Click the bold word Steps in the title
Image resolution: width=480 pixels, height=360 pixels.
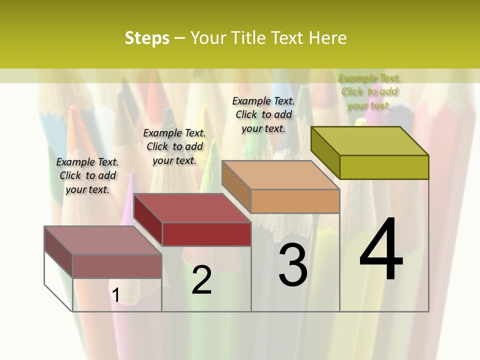pyautogui.click(x=147, y=38)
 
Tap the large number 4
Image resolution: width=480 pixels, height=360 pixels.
pyautogui.click(x=381, y=250)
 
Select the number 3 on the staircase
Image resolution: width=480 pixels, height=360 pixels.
pyautogui.click(x=293, y=265)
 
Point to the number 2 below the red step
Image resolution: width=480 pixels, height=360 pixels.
pyautogui.click(x=201, y=280)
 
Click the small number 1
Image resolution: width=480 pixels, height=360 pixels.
pyautogui.click(x=116, y=295)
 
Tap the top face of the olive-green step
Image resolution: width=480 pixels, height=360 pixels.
pyautogui.click(x=370, y=141)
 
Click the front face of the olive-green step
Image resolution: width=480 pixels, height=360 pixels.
pyautogui.click(x=384, y=167)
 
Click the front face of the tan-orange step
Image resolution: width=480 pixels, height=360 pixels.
pyautogui.click(x=295, y=201)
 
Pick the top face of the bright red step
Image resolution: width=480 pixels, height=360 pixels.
pyautogui.click(x=192, y=208)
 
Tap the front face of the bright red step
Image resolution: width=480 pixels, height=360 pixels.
pyautogui.click(x=206, y=234)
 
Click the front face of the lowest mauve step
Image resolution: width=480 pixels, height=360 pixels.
pyautogui.click(x=117, y=266)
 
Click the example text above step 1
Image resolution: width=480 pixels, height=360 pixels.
pyautogui.click(x=87, y=175)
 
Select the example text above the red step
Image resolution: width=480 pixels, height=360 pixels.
pyautogui.click(x=174, y=146)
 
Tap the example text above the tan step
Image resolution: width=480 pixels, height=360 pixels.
pyautogui.click(x=263, y=114)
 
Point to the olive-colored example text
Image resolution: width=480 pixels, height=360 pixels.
pyautogui.click(x=369, y=91)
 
